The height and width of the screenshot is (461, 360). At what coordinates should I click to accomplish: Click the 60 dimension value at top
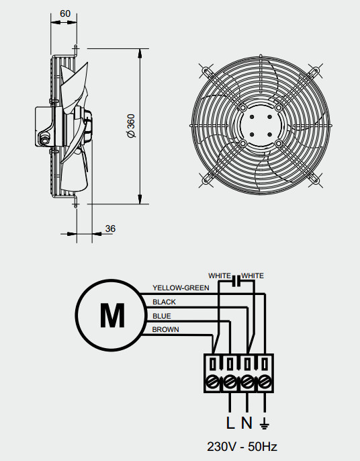click(x=66, y=13)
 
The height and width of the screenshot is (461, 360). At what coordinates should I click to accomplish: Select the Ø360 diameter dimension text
click(x=132, y=126)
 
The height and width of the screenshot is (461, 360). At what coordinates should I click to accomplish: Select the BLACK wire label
click(x=164, y=302)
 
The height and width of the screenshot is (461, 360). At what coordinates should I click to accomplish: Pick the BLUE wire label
click(x=162, y=316)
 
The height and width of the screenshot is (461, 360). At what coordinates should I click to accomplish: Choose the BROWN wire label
click(x=165, y=330)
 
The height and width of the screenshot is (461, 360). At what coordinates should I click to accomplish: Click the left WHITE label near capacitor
click(x=220, y=276)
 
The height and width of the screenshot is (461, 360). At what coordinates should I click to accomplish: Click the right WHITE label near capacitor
click(x=253, y=276)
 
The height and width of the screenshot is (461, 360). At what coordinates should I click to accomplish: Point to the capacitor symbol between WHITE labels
click(x=236, y=282)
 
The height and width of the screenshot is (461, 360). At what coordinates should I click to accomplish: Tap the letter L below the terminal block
click(x=230, y=423)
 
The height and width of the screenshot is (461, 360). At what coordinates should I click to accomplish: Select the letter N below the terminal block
click(x=247, y=423)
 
